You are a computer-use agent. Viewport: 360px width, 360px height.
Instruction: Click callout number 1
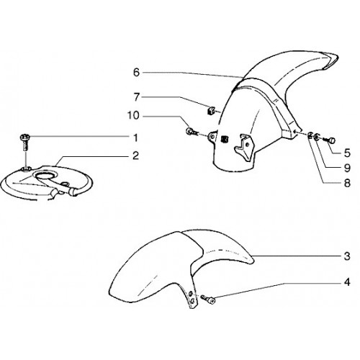click(x=135, y=138)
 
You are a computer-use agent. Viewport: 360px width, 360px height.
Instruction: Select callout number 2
click(x=135, y=156)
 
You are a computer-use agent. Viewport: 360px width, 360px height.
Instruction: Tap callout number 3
click(x=347, y=256)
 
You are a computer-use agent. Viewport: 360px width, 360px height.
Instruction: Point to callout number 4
click(x=347, y=282)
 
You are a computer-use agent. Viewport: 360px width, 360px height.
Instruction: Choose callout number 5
click(x=347, y=153)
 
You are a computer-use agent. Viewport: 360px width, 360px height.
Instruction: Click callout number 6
click(x=136, y=73)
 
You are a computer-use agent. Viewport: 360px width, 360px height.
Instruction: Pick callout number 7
click(x=136, y=97)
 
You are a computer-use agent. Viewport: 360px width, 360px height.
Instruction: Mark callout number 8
click(x=347, y=184)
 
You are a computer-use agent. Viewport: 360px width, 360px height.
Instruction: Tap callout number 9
click(x=347, y=168)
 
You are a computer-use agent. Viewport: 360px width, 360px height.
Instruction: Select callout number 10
click(x=133, y=116)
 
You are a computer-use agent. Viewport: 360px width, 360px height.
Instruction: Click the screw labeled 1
click(x=24, y=142)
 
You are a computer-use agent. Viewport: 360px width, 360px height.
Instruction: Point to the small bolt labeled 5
click(x=330, y=140)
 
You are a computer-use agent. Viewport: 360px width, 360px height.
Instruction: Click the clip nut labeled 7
click(x=210, y=111)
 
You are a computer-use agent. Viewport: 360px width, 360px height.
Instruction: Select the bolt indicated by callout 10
click(x=192, y=132)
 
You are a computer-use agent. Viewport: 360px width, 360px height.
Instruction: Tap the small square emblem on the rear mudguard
click(x=224, y=139)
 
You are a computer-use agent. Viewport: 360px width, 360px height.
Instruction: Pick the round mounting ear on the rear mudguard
click(x=213, y=137)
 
